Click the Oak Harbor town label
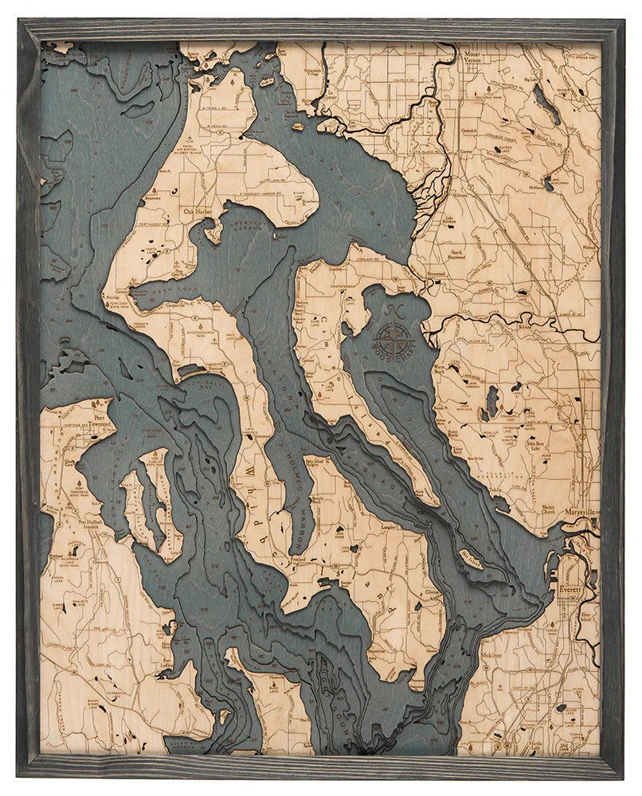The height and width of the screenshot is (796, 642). (x=200, y=213)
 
